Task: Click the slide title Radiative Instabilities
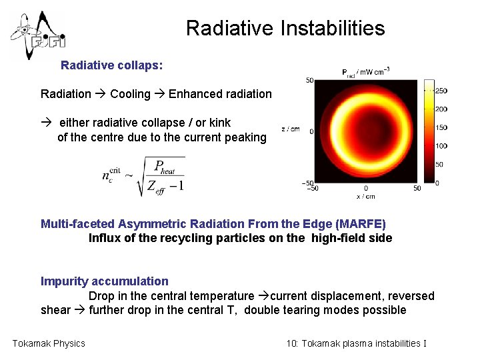click(x=285, y=29)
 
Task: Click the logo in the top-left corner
click(x=38, y=35)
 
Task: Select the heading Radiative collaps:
click(x=111, y=66)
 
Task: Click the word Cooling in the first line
click(x=130, y=94)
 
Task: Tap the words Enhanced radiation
click(x=220, y=94)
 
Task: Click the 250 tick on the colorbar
click(x=441, y=91)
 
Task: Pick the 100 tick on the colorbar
click(x=441, y=146)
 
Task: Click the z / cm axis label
click(x=290, y=129)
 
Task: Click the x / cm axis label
click(x=365, y=197)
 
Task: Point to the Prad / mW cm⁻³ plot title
click(x=365, y=72)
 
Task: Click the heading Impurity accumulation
click(x=105, y=281)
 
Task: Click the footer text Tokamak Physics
click(x=49, y=343)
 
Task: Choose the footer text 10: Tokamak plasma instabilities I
click(x=356, y=343)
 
